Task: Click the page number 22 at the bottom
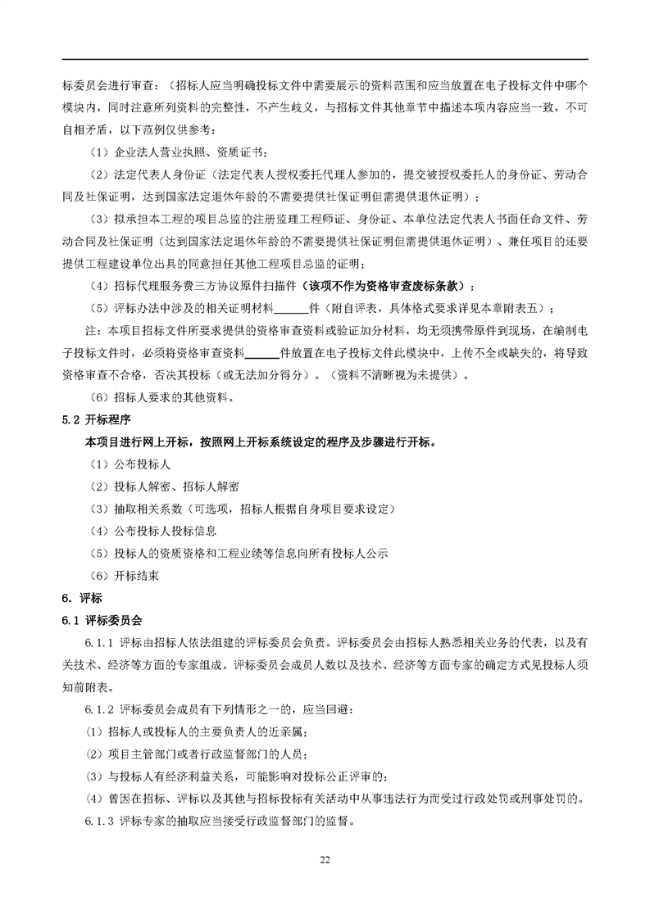pos(325,859)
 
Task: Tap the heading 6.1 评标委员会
pos(102,620)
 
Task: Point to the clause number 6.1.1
pos(100,642)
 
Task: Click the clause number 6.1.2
pos(100,708)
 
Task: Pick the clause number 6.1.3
pos(100,820)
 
